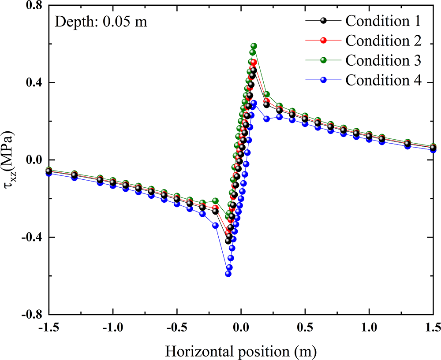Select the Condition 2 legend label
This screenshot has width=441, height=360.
[383, 41]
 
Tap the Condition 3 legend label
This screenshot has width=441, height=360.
[383, 60]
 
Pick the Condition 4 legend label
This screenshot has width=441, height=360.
[383, 81]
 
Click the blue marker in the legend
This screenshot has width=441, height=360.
[323, 81]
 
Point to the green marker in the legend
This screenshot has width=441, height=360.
[323, 60]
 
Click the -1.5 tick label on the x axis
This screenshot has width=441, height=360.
[49, 329]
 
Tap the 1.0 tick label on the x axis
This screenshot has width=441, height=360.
[369, 329]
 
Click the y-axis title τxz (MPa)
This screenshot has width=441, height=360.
[12, 160]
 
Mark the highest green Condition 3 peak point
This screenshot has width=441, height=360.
[254, 46]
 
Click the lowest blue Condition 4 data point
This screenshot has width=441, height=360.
[228, 274]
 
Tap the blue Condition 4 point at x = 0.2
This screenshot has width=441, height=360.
[266, 119]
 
